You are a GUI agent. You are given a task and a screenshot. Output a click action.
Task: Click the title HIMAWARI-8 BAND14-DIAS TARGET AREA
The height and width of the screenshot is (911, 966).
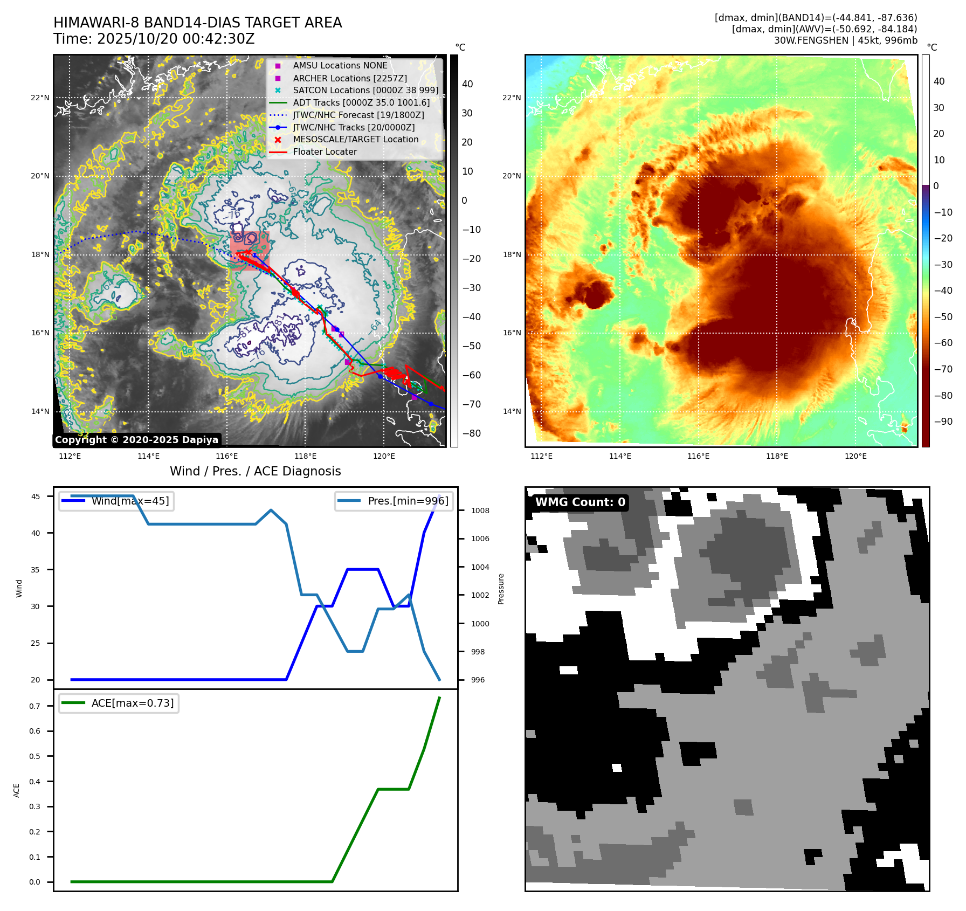point(197,23)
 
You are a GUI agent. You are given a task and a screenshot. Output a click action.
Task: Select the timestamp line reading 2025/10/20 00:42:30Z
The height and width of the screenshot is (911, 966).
point(154,39)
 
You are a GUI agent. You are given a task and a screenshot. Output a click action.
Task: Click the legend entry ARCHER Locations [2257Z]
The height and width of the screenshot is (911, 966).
point(349,78)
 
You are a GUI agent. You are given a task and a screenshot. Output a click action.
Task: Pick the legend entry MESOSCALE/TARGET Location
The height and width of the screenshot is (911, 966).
point(355,140)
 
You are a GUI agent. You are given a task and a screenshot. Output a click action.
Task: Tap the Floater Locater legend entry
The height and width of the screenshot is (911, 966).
point(325,152)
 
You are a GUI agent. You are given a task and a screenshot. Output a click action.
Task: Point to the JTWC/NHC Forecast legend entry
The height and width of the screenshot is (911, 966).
point(358,115)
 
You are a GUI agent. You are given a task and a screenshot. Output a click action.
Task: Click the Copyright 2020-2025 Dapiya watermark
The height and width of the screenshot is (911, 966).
point(136,440)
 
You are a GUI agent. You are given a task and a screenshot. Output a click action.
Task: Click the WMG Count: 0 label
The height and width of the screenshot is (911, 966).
point(580,502)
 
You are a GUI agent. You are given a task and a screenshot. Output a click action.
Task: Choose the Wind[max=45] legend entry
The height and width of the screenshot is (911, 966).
point(129,501)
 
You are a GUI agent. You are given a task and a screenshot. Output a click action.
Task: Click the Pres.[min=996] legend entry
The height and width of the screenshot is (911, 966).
point(408,501)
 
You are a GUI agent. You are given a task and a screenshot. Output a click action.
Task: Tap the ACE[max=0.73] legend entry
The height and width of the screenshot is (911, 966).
point(132,703)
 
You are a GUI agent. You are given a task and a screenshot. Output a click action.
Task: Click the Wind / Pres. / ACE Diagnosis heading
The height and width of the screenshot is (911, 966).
point(255,471)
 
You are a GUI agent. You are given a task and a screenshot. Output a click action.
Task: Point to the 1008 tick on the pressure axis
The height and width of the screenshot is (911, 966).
point(480,510)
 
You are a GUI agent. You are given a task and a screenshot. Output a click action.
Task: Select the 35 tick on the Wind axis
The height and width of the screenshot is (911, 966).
point(35,570)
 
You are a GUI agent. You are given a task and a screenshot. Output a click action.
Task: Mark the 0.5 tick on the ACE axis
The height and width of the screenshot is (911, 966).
point(34,756)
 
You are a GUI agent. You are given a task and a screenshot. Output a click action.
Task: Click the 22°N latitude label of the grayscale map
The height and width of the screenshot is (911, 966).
point(40,98)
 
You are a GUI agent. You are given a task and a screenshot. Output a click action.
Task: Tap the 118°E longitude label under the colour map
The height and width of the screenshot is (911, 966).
point(777,456)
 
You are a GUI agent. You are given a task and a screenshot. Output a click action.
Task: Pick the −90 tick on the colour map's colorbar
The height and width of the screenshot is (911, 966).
point(943,422)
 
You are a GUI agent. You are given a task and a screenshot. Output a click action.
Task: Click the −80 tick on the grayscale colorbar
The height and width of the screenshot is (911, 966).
point(471,433)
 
